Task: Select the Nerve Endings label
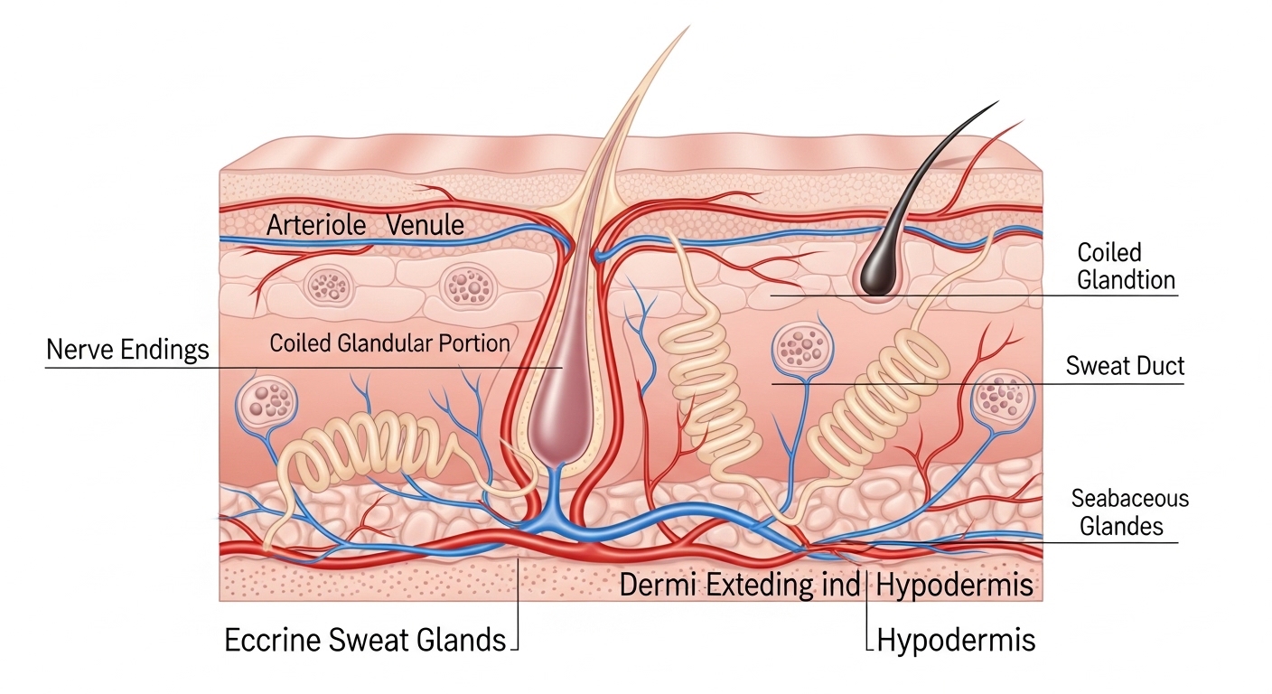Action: pos(127,349)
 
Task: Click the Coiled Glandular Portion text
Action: pos(389,343)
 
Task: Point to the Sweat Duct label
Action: pos(1125,366)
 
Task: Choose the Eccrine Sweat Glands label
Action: pos(365,640)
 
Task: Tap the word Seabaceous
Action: pos(1130,498)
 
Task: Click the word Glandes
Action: pos(1121,526)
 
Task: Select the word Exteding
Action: pos(761,585)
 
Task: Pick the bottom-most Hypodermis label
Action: pos(956,641)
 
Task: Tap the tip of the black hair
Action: pos(997,102)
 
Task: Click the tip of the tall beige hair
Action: pos(688,27)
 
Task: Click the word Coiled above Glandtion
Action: pos(1109,252)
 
